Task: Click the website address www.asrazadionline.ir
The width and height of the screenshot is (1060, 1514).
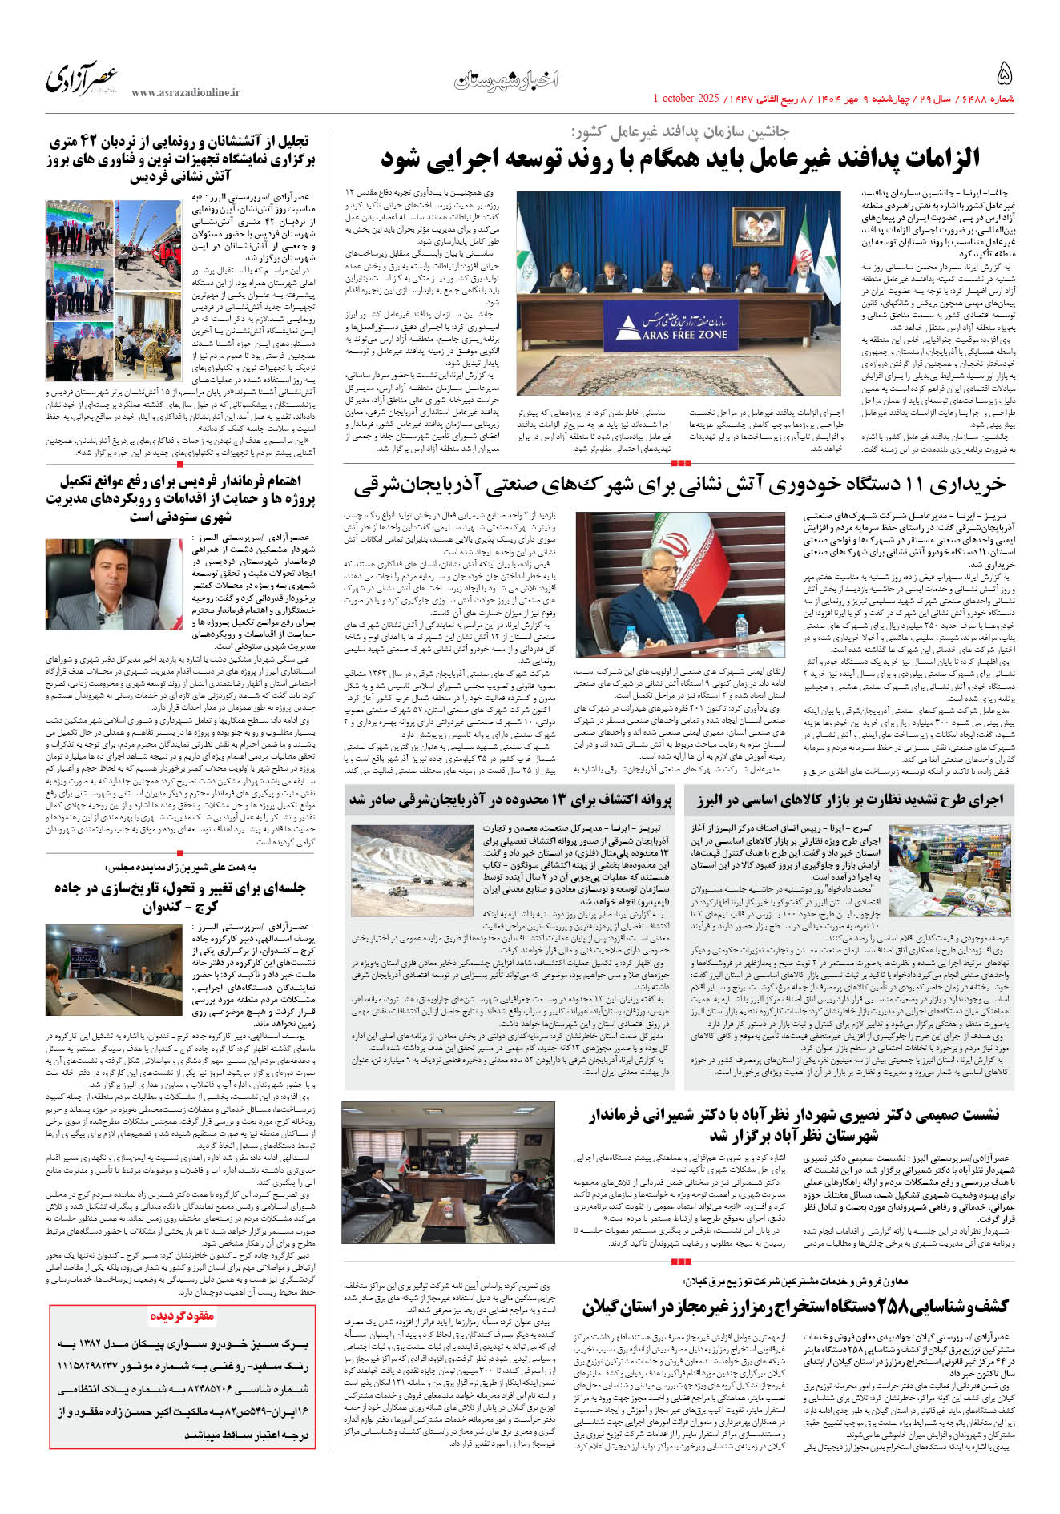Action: [185, 93]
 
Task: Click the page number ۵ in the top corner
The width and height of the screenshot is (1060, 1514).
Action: [1004, 74]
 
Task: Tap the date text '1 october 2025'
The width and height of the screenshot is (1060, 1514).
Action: [687, 99]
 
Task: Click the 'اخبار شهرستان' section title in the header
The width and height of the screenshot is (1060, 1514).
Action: [506, 79]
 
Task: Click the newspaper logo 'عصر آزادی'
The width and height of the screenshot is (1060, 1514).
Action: [82, 79]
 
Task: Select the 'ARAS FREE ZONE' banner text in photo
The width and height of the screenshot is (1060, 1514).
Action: [675, 335]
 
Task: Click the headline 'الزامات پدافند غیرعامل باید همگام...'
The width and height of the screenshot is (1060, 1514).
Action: [680, 158]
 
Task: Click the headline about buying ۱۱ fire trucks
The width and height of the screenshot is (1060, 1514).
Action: [679, 485]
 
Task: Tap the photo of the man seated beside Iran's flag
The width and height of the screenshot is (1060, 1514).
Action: [679, 585]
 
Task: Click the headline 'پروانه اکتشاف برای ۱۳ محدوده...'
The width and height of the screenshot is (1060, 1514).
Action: [510, 799]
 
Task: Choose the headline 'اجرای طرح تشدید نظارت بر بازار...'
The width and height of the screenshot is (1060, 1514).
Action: [848, 799]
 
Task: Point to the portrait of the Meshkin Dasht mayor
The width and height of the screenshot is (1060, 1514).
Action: [114, 574]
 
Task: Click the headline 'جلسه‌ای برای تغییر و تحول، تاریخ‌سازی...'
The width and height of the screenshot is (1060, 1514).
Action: [180, 897]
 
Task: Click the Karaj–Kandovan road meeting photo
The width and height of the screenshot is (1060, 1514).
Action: [115, 969]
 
